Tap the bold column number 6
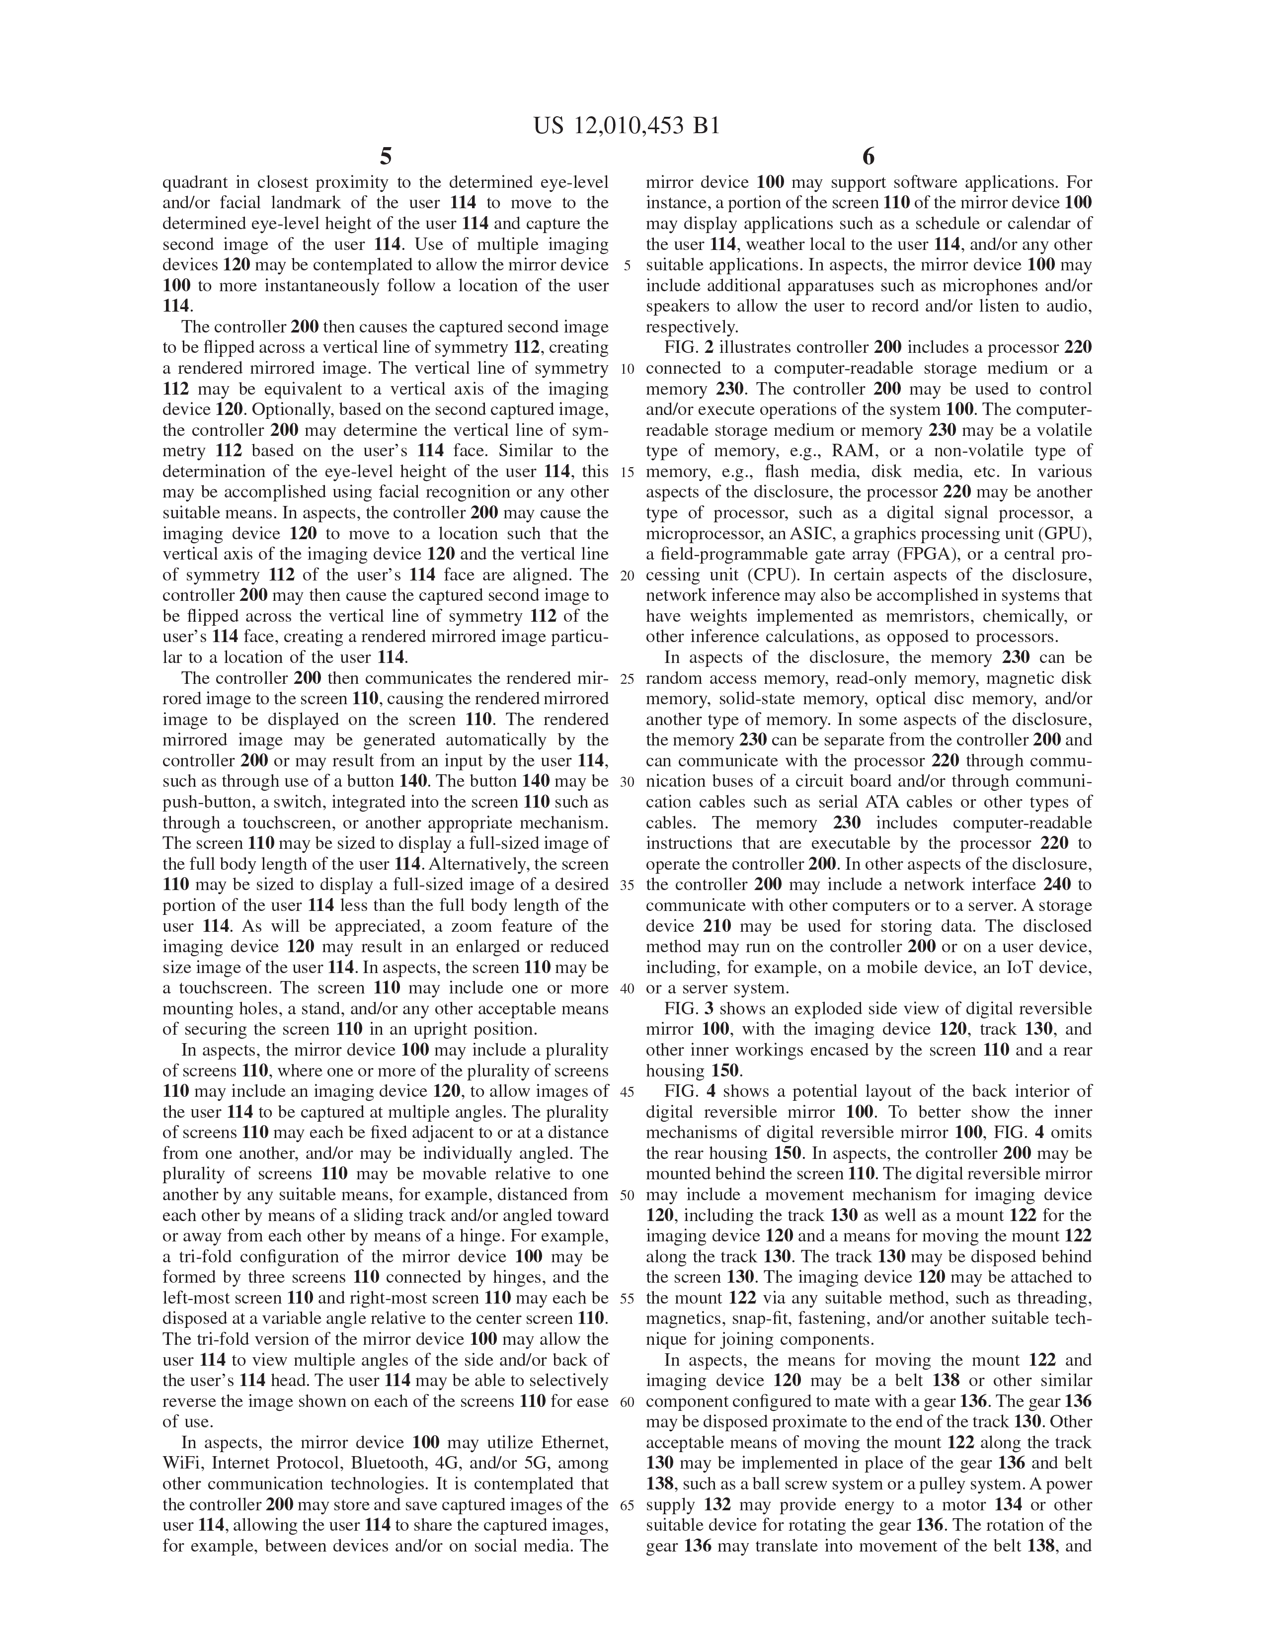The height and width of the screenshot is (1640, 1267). coord(869,157)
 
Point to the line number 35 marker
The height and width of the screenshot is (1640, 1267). coord(628,885)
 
